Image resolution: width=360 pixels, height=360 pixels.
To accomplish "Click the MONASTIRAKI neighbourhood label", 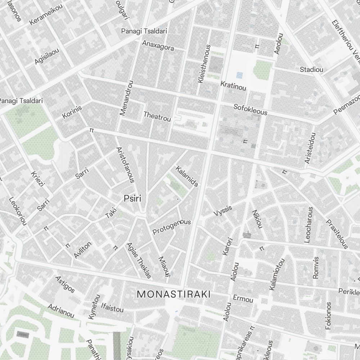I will (x=174, y=294).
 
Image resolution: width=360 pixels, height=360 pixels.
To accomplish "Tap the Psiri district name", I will (x=132, y=198).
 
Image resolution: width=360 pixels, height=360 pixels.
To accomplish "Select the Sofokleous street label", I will (x=251, y=109).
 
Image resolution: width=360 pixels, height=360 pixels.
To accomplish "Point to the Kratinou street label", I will (x=233, y=86).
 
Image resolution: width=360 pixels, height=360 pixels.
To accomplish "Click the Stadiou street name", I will (x=311, y=69).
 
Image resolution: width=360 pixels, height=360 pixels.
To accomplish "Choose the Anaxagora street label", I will (x=158, y=45).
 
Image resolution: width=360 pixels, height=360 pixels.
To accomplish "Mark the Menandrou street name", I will (x=126, y=98).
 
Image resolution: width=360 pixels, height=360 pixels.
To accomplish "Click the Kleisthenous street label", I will (x=204, y=64).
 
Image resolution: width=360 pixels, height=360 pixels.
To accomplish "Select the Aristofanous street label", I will (x=125, y=165).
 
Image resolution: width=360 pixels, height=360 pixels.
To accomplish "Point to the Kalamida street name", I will (x=186, y=176).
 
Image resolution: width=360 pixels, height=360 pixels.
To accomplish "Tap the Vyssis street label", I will (x=223, y=211).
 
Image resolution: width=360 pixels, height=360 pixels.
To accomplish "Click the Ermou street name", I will (x=243, y=299).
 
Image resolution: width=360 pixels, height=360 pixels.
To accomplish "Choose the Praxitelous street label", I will (x=337, y=234).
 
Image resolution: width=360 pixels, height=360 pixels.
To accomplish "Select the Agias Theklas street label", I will (x=139, y=260).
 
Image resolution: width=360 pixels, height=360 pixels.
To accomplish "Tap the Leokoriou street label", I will (x=18, y=211).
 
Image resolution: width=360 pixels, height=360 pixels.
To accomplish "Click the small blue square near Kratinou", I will (x=239, y=75).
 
